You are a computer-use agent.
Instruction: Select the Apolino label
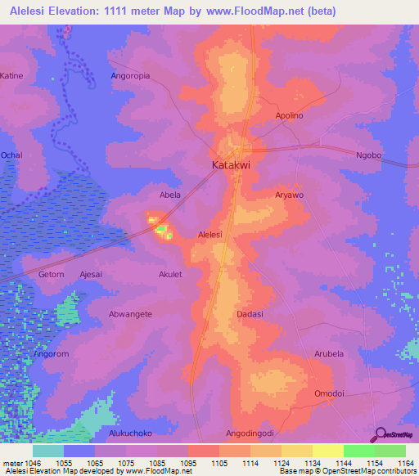(x=290, y=116)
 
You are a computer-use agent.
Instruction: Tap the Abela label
(x=169, y=195)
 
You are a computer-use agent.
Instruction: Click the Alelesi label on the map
(x=210, y=235)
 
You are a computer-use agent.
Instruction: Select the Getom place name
(x=50, y=275)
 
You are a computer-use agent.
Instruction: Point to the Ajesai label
(x=91, y=275)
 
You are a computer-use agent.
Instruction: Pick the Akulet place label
(x=170, y=275)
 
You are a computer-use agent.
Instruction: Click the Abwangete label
(x=130, y=314)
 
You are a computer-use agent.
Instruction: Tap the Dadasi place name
(x=249, y=314)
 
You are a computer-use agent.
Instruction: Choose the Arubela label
(x=329, y=354)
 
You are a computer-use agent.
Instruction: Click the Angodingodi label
(x=250, y=433)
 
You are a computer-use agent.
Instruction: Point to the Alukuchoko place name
(x=130, y=433)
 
